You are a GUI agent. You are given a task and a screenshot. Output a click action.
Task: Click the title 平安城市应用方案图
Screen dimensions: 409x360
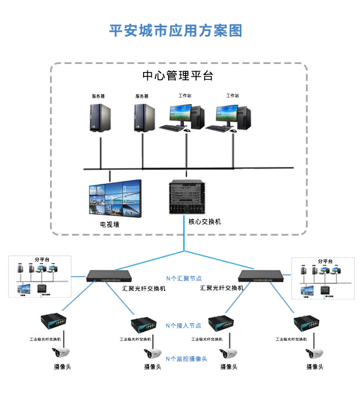click(176, 31)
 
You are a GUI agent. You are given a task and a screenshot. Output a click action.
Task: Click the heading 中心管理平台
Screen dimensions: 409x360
click(178, 76)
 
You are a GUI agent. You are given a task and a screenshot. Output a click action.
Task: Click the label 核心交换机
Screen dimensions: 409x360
click(204, 222)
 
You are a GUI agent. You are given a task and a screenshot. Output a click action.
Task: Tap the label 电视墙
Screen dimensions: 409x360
click(109, 224)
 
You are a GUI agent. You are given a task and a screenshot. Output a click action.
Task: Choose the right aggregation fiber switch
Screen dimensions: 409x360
click(263, 276)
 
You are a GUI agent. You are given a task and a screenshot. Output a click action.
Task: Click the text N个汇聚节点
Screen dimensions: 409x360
click(184, 279)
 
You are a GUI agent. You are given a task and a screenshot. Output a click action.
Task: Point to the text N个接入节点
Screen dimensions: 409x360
click(184, 325)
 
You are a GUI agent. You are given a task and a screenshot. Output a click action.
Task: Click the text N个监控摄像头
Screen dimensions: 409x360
click(187, 359)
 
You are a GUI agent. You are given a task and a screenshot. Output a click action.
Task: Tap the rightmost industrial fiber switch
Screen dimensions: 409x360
click(308, 323)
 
